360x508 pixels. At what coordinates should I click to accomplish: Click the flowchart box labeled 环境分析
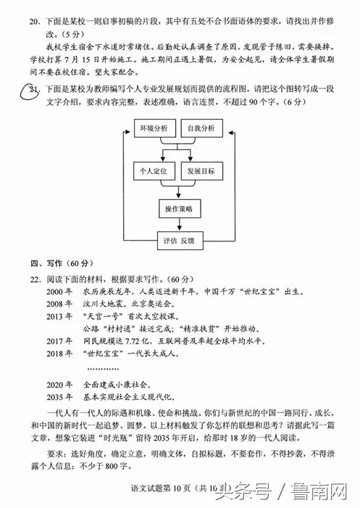point(153,128)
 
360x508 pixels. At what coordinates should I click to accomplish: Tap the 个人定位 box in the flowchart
point(153,171)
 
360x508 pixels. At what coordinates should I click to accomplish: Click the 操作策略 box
point(177,208)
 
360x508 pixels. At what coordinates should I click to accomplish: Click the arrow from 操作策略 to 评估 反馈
point(177,225)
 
